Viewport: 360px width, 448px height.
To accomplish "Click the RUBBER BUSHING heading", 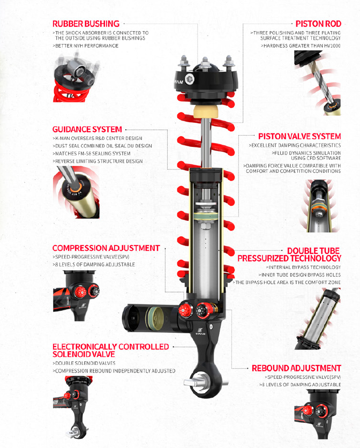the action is tap(86, 24).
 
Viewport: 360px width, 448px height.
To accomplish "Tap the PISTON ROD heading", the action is tap(318, 24).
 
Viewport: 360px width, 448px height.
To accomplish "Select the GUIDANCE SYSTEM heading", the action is tap(87, 130).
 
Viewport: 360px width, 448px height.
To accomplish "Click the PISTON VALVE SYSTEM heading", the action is tap(299, 136).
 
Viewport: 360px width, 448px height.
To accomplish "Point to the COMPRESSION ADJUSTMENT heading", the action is tap(106, 248).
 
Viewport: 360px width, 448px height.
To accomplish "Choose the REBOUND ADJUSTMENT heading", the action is tap(296, 368).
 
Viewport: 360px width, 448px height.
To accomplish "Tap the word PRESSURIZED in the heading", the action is tap(263, 258).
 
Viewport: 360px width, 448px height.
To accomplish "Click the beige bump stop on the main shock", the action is tap(206, 111).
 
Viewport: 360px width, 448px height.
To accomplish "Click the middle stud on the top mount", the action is tap(205, 63).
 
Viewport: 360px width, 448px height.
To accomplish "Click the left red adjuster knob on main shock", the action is tap(184, 311).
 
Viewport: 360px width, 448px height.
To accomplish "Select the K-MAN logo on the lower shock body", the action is tap(200, 331).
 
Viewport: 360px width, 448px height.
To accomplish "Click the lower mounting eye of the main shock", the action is tap(205, 383).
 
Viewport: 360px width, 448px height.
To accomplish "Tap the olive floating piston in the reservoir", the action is tap(155, 318).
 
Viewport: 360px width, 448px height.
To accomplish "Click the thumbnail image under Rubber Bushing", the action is tap(76, 77).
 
